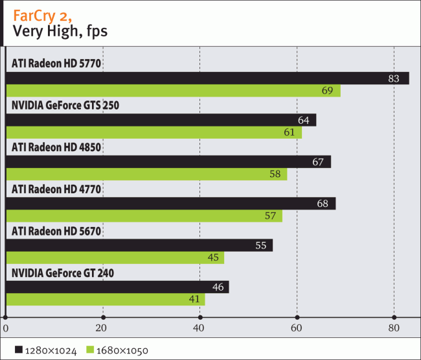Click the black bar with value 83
(207, 78)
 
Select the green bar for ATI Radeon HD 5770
(173, 91)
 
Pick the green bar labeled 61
(154, 133)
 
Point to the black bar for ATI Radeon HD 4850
(168, 162)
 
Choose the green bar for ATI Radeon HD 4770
(144, 216)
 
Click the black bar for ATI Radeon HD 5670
(139, 245)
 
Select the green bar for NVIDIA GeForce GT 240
(105, 300)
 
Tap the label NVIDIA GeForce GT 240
(63, 273)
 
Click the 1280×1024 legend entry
(45, 351)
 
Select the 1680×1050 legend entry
(117, 351)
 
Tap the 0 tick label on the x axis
(5, 329)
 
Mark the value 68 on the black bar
(323, 204)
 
